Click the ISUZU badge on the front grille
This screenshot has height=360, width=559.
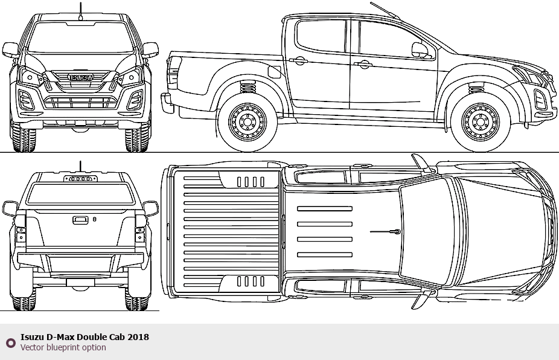[81, 77]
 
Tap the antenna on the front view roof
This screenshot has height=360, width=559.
[80, 11]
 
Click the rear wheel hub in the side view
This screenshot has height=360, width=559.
[247, 123]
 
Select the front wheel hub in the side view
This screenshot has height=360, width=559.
[480, 123]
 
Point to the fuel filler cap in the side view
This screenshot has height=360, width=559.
[275, 72]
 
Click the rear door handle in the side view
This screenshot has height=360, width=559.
[298, 60]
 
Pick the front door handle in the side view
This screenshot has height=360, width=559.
[363, 64]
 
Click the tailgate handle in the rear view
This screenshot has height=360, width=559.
[80, 220]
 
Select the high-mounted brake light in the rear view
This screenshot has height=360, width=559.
[80, 178]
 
